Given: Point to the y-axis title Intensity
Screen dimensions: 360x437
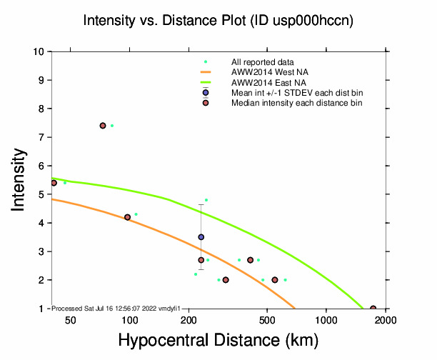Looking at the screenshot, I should click(x=21, y=179).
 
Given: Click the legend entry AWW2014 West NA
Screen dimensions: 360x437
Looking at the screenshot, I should click(x=265, y=72).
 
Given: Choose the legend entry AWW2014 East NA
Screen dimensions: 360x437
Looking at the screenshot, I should click(x=265, y=82).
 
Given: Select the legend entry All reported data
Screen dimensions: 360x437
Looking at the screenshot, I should click(x=263, y=62).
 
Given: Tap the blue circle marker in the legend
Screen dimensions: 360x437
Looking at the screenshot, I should click(x=206, y=92).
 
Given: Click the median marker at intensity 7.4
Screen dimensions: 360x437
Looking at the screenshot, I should click(x=103, y=126).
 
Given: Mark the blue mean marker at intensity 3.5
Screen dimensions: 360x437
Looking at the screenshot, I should click(x=201, y=237).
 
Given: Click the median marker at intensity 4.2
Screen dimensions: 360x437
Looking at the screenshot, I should click(x=127, y=217).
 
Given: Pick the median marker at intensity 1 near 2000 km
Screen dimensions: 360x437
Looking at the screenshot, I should click(x=373, y=309).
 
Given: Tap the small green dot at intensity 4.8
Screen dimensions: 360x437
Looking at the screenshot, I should click(x=206, y=200).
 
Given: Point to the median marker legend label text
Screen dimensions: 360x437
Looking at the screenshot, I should click(x=296, y=103).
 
